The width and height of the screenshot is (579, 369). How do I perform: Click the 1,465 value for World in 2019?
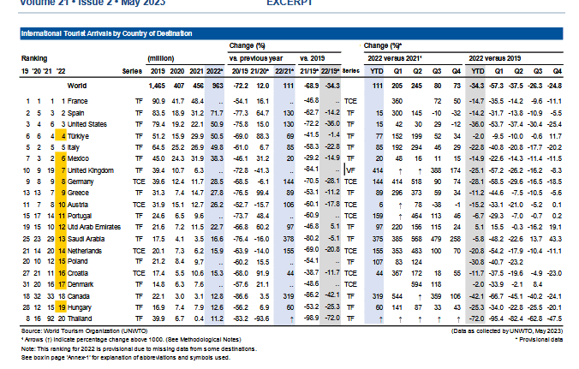coord(156,86)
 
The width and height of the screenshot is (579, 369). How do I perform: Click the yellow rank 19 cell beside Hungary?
coord(63,306)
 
